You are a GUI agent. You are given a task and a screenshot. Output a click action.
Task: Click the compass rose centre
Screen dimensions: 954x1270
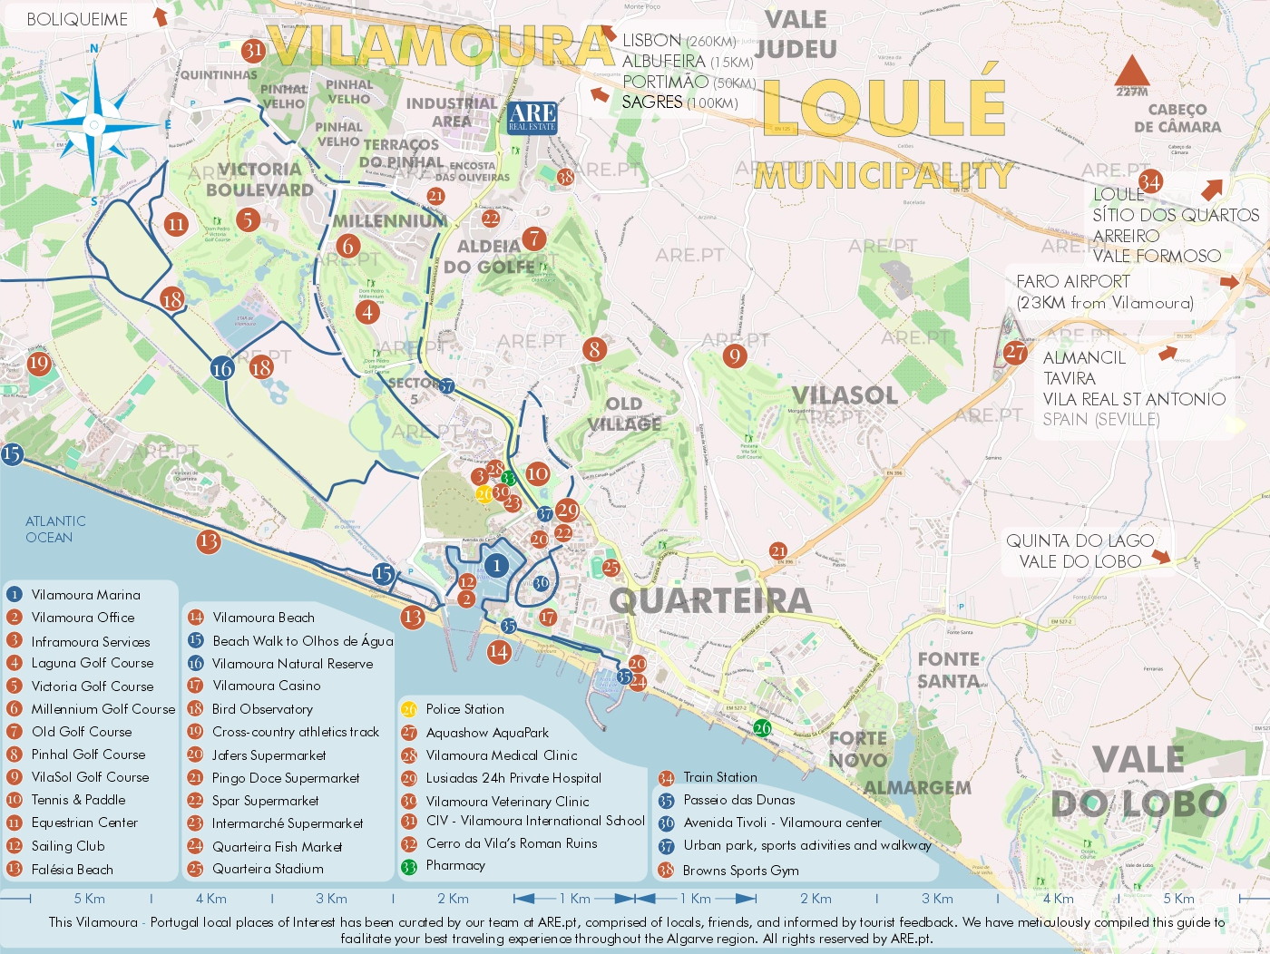tap(94, 124)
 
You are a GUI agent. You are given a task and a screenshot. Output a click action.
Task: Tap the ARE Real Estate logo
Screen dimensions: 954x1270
tap(532, 117)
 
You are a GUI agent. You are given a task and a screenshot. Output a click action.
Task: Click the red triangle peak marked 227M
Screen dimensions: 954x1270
tap(1131, 72)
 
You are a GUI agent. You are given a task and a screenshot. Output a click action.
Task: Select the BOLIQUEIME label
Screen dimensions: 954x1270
tap(77, 19)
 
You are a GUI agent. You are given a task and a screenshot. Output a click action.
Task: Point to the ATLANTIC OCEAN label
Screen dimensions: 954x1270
tap(55, 529)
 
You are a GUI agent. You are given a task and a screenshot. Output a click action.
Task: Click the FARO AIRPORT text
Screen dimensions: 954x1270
tap(1072, 281)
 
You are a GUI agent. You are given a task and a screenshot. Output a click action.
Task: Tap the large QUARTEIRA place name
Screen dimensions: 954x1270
tap(710, 600)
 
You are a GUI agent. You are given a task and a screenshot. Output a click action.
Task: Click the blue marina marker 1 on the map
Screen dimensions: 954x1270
tap(496, 566)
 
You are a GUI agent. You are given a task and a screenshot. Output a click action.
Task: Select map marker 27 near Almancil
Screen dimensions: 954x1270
tap(1015, 353)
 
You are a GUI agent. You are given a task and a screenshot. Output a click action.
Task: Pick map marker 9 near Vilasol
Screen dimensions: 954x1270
tap(735, 355)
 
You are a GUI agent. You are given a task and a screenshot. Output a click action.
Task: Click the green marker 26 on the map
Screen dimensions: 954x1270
tap(762, 727)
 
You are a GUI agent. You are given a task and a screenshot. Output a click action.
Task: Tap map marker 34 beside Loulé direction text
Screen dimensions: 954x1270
tap(1150, 181)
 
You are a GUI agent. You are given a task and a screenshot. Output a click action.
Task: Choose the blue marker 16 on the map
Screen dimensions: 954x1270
tap(222, 368)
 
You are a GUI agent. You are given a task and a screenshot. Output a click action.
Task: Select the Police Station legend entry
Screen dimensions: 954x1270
tap(464, 709)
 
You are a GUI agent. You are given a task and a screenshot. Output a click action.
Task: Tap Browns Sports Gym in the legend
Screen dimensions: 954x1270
tap(740, 871)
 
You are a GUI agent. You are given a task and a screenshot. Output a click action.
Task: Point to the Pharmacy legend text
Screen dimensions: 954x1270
tap(455, 865)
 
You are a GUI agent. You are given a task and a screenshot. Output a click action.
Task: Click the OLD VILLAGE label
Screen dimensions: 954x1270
tap(624, 414)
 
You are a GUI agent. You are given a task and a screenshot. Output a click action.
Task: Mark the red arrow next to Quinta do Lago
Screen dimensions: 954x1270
tap(1161, 557)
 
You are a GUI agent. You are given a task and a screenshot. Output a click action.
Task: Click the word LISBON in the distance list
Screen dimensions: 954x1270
tap(651, 41)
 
